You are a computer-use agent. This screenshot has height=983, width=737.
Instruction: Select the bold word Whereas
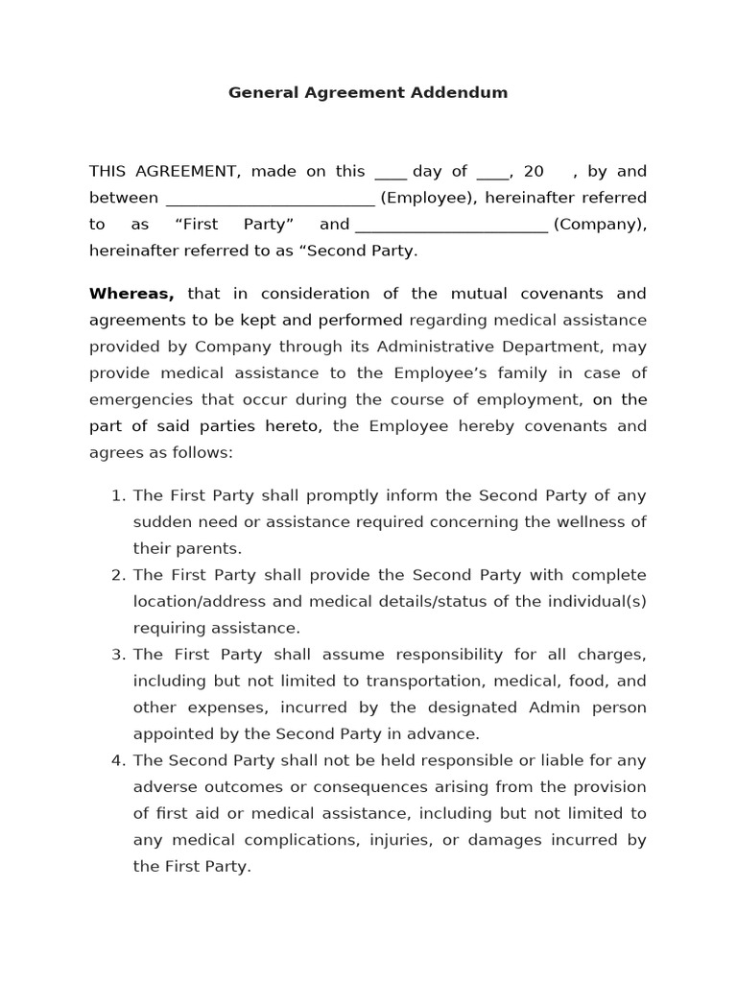point(131,294)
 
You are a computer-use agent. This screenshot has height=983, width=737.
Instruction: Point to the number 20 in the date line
point(534,172)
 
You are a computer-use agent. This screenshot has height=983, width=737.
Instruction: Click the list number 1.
point(118,496)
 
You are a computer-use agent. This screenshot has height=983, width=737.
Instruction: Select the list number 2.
point(118,576)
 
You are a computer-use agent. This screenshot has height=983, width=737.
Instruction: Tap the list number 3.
point(118,655)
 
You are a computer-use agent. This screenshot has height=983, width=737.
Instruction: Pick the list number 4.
point(118,761)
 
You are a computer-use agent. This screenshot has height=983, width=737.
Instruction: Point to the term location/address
point(194,602)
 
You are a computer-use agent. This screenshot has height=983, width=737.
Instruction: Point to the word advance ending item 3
point(449,734)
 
